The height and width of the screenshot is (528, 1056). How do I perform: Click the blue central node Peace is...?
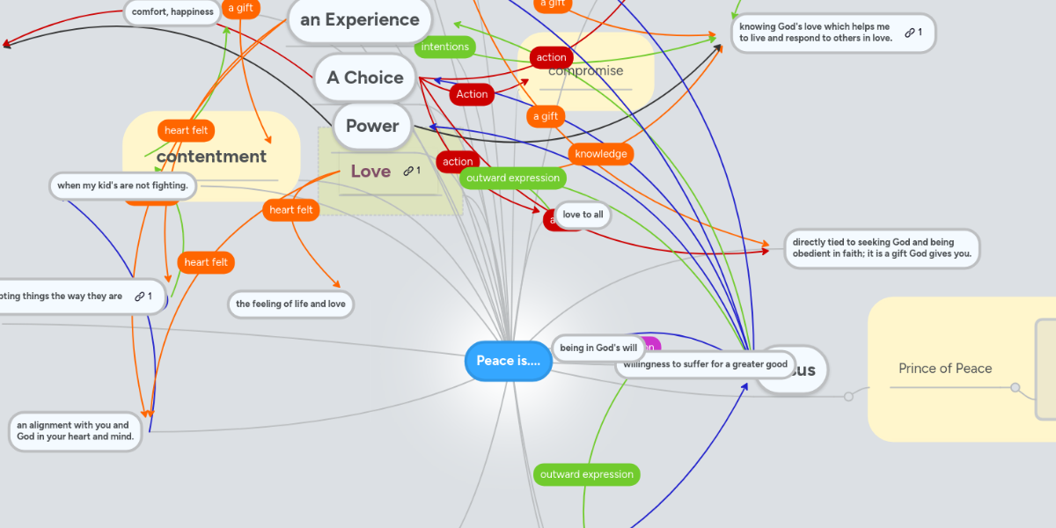tap(508, 361)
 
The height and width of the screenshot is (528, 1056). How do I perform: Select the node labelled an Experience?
tap(359, 19)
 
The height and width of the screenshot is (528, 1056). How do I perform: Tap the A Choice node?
tap(364, 77)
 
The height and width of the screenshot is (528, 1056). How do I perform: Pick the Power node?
tap(372, 126)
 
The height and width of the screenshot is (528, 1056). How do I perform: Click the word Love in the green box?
tap(370, 171)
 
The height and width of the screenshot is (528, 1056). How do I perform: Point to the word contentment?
tap(211, 157)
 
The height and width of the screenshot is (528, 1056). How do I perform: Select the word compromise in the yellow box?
tap(585, 70)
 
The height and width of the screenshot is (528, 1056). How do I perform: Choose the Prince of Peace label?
tap(945, 369)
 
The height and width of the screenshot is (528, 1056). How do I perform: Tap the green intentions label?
tap(444, 47)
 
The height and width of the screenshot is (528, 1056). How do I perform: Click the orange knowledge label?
tap(600, 154)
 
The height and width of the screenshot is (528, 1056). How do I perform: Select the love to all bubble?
tap(583, 215)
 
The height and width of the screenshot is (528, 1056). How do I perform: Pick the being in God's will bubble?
tap(598, 348)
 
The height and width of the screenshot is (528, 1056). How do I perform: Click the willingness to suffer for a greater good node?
tap(705, 364)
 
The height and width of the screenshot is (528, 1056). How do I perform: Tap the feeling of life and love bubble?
tap(290, 304)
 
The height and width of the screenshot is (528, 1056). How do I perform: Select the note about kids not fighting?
tap(122, 186)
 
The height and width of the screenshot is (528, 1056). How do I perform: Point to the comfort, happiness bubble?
tap(172, 12)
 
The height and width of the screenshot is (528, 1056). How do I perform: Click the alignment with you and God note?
tap(73, 431)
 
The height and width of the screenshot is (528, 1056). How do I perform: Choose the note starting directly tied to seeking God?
tap(881, 248)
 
